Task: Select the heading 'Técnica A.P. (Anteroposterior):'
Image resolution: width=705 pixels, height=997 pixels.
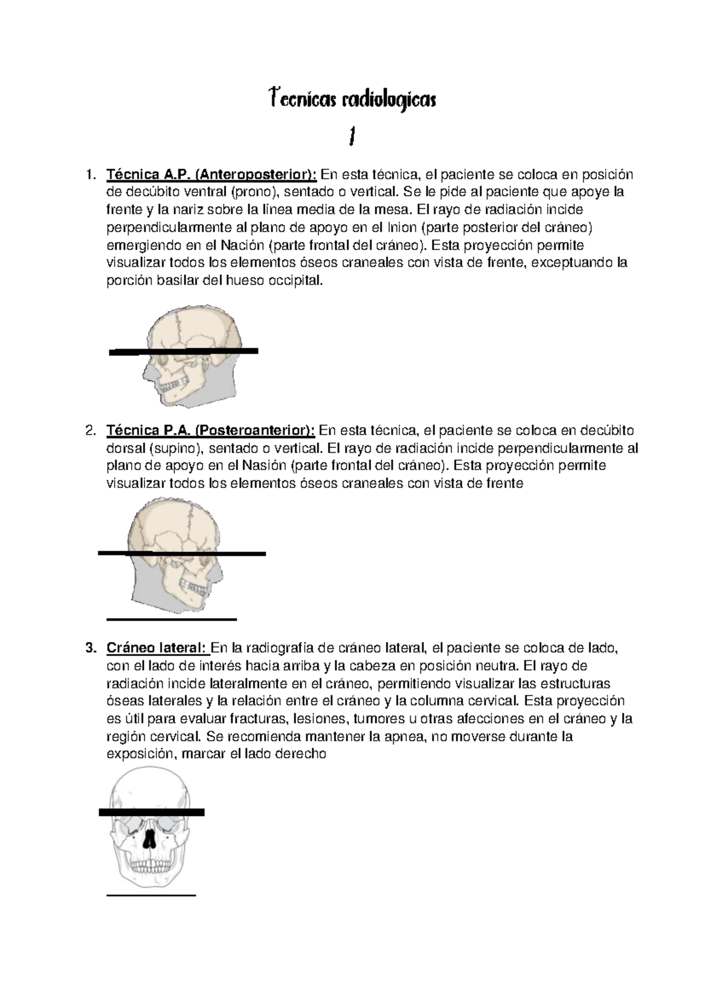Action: coord(211,175)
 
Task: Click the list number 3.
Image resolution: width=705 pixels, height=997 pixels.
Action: coord(89,648)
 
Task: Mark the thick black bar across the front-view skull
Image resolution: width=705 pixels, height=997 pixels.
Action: coord(152,813)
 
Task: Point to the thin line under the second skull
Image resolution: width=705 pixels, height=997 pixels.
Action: coord(171,619)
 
